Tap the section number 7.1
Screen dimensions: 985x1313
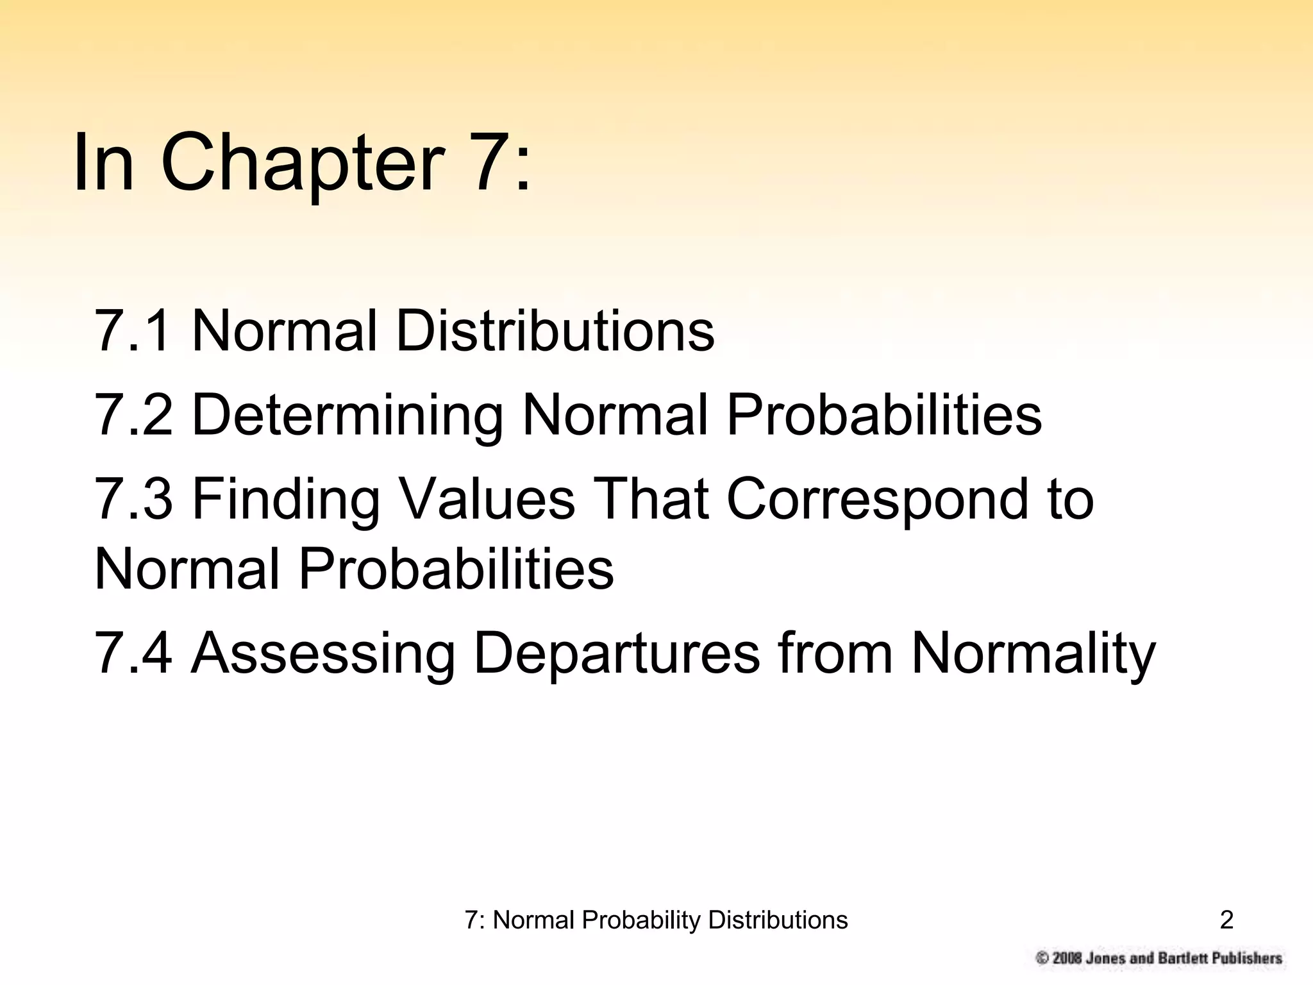click(133, 331)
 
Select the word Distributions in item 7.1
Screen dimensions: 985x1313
click(555, 331)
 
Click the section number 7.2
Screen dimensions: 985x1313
click(133, 415)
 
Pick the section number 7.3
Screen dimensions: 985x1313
click(133, 499)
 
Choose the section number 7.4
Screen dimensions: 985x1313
click(133, 653)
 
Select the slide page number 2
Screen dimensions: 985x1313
click(1226, 920)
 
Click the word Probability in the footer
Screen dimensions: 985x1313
click(641, 921)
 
